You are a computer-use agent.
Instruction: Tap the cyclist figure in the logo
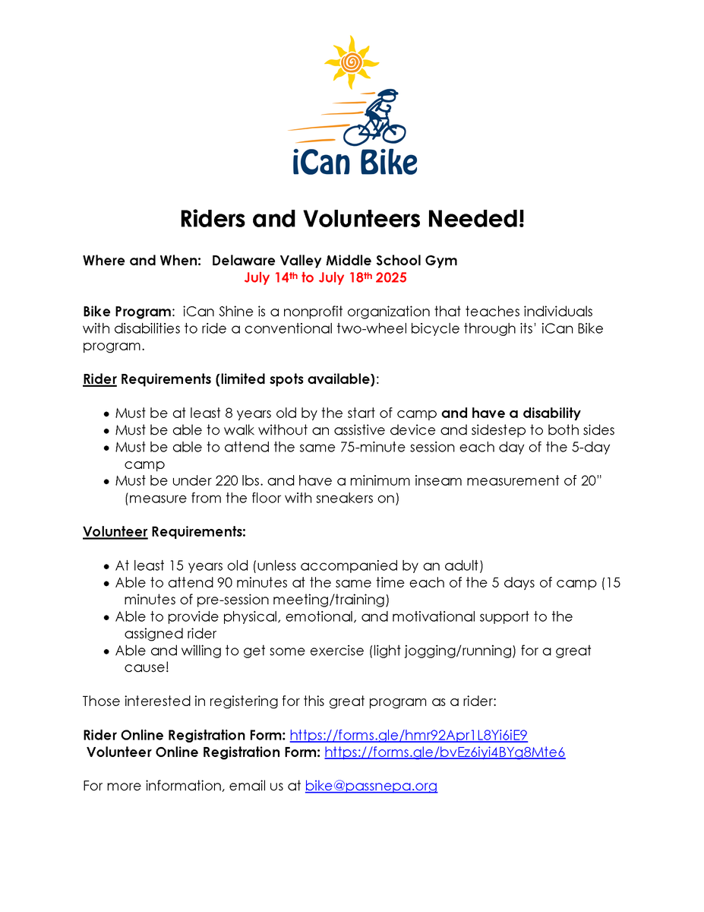tap(377, 118)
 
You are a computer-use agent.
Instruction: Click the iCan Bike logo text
tap(354, 163)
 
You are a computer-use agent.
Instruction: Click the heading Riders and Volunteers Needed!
tap(352, 220)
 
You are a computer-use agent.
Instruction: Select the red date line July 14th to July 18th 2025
tap(325, 278)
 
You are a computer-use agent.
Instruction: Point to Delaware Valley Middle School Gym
tap(334, 261)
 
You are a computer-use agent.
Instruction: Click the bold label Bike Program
tap(126, 312)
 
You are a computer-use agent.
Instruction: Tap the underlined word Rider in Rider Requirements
tap(99, 379)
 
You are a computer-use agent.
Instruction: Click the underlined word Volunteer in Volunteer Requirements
tap(115, 532)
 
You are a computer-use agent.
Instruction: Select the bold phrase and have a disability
tap(510, 413)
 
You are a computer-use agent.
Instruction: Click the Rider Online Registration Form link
tap(409, 735)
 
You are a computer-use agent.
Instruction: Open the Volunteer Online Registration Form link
tap(444, 752)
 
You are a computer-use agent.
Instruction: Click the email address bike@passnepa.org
tap(371, 786)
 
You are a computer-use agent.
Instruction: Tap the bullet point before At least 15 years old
tap(106, 567)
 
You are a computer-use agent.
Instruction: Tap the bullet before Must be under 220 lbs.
tap(106, 482)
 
